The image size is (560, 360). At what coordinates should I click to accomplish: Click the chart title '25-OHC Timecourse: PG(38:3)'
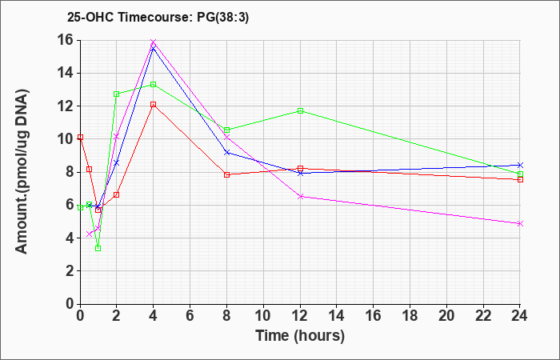tap(158, 18)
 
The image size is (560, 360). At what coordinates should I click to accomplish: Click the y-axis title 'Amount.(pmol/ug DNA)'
tap(22, 172)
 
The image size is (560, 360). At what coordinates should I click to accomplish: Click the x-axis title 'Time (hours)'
tap(300, 336)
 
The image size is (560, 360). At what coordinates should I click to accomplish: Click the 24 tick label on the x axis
tap(520, 315)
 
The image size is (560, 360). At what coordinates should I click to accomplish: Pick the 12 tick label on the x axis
tap(300, 315)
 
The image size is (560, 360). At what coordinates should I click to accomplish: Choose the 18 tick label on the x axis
tap(410, 315)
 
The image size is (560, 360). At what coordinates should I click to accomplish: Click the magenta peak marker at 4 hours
tap(154, 42)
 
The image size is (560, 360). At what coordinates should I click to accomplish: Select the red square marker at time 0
tap(80, 137)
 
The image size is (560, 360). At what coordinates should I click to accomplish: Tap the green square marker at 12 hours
tap(300, 110)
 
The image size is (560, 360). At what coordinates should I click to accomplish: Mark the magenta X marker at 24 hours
tap(520, 223)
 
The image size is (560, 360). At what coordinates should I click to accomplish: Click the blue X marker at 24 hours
tap(520, 165)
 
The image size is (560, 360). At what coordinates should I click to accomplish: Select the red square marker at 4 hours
tap(154, 104)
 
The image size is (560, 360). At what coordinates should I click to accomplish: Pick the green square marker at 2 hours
tap(117, 94)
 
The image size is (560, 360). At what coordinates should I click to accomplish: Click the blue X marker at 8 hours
tap(226, 152)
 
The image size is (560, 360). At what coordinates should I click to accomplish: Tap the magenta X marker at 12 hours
tap(300, 197)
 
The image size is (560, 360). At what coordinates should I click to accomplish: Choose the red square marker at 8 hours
tap(226, 174)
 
